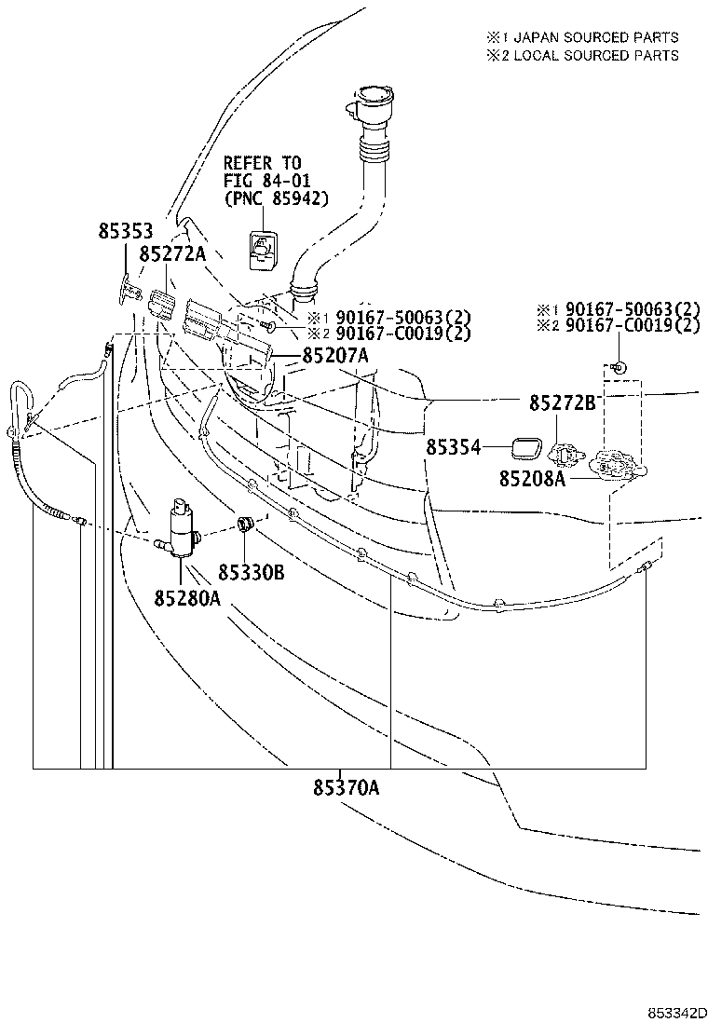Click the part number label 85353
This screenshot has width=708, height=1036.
tap(125, 230)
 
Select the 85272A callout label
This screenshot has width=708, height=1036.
tap(172, 253)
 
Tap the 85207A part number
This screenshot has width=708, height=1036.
tap(335, 356)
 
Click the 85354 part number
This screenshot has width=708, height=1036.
tap(454, 448)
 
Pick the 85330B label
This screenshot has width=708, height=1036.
tap(252, 571)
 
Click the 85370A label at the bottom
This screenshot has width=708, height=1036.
tap(346, 788)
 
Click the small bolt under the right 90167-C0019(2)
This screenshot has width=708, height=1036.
tap(619, 361)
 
